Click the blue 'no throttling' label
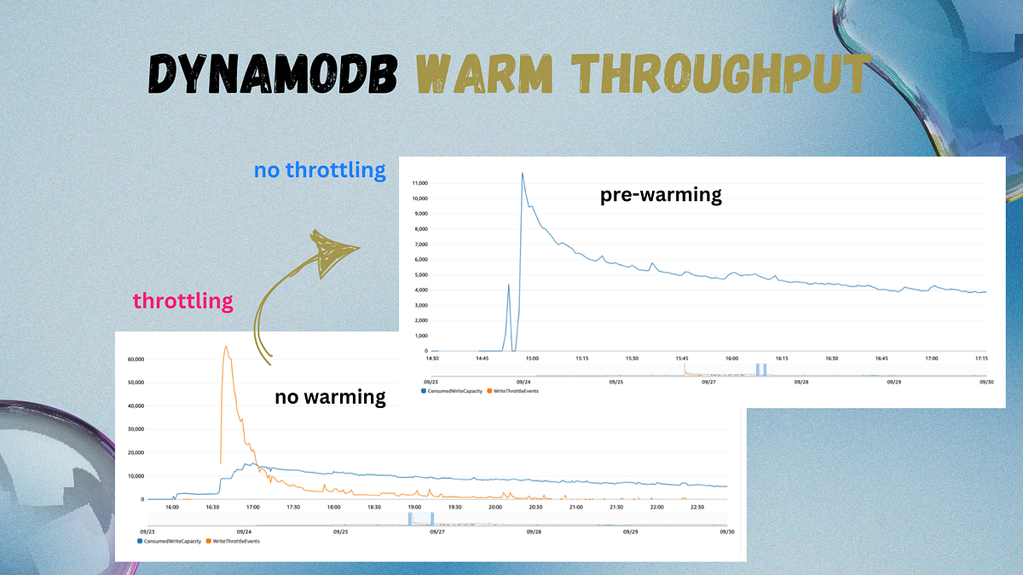[320, 170]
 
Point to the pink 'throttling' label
[182, 301]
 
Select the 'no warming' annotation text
[330, 396]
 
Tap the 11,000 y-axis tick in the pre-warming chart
[419, 182]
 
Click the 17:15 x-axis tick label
[980, 359]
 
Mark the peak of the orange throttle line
[225, 347]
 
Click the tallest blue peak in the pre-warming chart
[522, 173]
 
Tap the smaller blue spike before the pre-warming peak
[509, 285]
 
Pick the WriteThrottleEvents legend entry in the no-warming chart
[234, 541]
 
